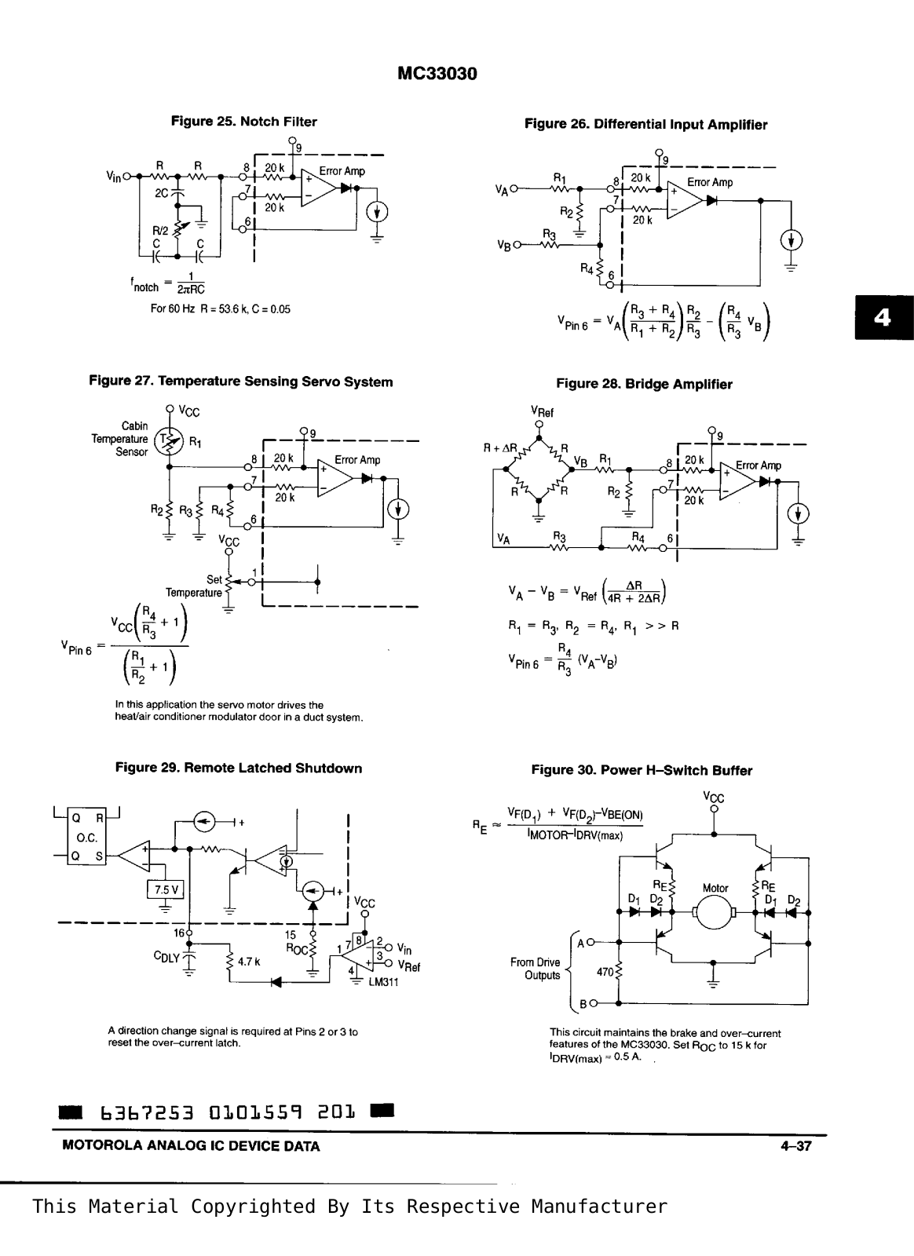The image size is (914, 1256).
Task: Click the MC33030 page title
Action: coord(437,74)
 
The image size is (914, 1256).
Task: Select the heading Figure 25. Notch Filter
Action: coord(244,122)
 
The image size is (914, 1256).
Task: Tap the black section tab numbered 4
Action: coord(883,317)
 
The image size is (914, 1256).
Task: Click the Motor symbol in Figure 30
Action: coord(714,912)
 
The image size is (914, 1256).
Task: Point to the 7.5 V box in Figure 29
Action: coord(166,889)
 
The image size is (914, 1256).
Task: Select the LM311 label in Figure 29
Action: coord(383,982)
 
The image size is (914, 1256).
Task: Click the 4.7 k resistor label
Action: coord(248,961)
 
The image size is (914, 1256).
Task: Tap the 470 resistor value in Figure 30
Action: coord(605,972)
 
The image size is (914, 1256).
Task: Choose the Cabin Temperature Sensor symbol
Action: coord(168,441)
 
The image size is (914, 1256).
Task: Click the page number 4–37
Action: coord(795,1146)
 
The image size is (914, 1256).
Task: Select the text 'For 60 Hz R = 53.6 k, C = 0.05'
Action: coord(221,309)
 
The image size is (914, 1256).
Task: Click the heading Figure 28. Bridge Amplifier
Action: coord(644,384)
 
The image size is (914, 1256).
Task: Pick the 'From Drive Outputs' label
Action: coord(536,969)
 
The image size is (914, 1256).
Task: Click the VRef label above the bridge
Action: coord(542,411)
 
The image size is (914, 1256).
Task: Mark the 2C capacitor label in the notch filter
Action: coord(162,192)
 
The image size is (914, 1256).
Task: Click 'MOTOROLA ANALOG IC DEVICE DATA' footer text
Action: coord(191,1146)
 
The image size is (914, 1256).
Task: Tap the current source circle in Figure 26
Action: coord(791,240)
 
